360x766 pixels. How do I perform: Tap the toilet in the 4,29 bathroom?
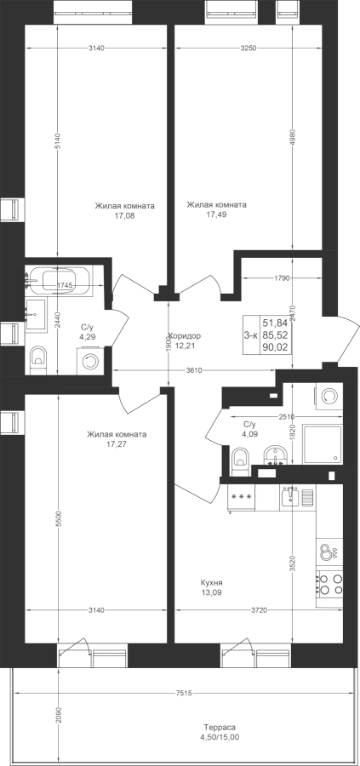[x=37, y=357]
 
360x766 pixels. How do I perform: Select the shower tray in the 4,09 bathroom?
[x=322, y=444]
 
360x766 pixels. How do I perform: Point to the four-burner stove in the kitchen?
[x=329, y=584]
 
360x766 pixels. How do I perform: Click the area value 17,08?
[x=124, y=215]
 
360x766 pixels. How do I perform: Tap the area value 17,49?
[x=216, y=214]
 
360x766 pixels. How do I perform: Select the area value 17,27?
[x=117, y=443]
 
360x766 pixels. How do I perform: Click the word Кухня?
[x=212, y=583]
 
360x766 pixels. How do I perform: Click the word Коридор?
[x=185, y=336]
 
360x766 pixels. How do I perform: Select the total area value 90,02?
[x=276, y=347]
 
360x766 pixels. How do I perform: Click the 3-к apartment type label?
[x=251, y=334]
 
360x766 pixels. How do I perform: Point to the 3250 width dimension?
[x=249, y=48]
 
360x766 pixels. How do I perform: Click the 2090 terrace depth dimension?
[x=58, y=717]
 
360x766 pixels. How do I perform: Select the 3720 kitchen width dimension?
[x=259, y=610]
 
